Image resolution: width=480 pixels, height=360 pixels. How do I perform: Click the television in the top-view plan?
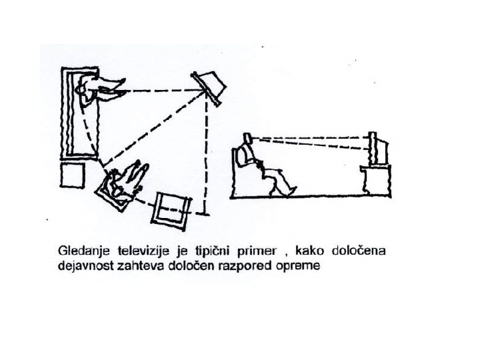210,87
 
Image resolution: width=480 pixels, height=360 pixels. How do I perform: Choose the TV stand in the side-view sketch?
377,182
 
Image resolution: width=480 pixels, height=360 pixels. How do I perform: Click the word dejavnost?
86,265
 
